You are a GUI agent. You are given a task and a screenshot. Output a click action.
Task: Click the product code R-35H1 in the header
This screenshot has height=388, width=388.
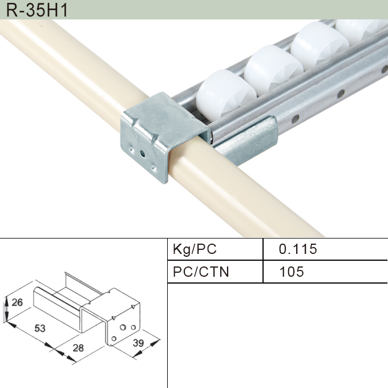click(x=35, y=9)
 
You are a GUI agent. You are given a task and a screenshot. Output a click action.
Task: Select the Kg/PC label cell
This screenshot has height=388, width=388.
click(x=195, y=249)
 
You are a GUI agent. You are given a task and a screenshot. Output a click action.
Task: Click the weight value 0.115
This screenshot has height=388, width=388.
click(x=297, y=249)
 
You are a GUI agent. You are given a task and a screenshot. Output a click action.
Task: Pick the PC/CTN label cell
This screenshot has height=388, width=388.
click(x=201, y=272)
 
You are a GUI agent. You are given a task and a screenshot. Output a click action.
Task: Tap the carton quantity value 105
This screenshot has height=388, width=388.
click(x=292, y=272)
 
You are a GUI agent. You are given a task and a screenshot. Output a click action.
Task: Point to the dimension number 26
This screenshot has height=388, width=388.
click(x=17, y=302)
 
